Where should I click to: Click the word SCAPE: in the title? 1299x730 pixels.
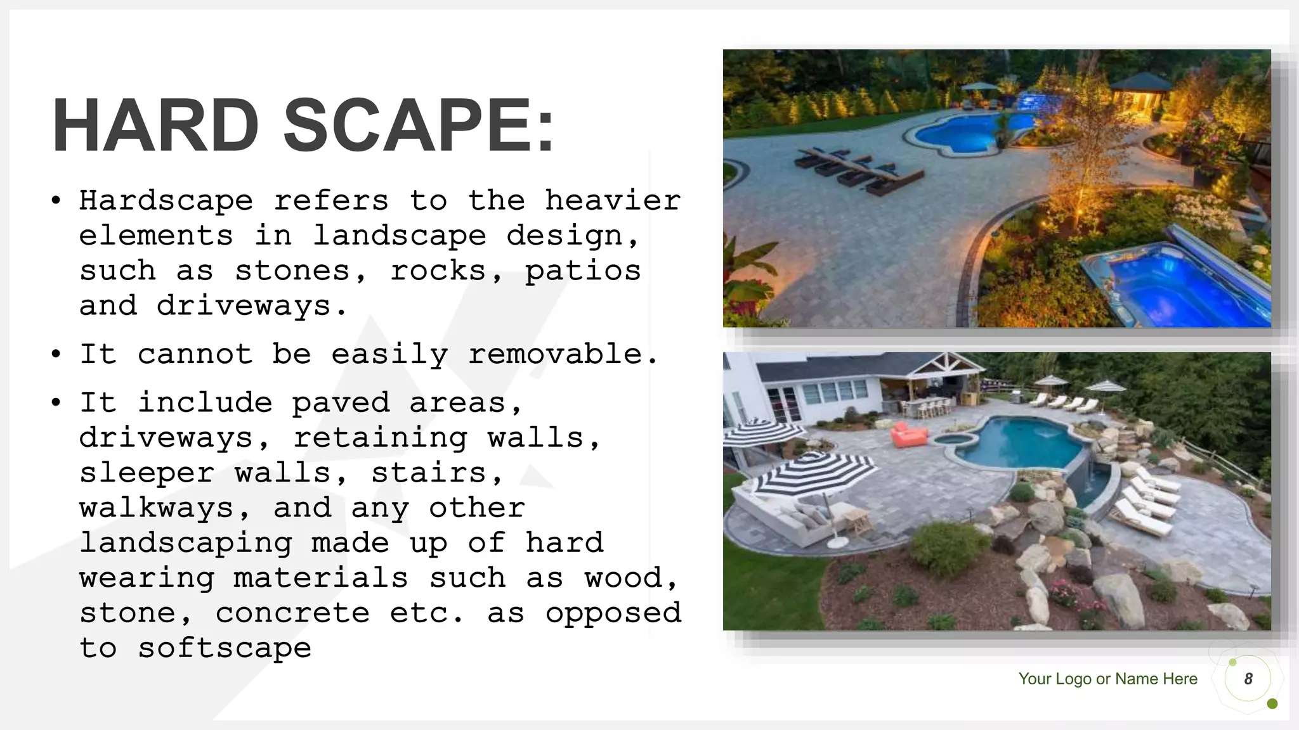(419, 125)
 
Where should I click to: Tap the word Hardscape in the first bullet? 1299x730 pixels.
(166, 202)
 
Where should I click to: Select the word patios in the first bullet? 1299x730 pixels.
(583, 271)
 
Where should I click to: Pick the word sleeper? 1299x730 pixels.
(147, 473)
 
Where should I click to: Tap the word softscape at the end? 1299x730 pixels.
(225, 648)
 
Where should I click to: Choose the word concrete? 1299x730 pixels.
(292, 613)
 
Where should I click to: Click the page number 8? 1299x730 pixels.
(1248, 679)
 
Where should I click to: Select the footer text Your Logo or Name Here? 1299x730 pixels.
(1107, 679)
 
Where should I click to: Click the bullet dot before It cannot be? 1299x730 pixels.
(56, 354)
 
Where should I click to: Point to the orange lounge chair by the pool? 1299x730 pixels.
(908, 435)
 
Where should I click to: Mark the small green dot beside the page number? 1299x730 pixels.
(1272, 704)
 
